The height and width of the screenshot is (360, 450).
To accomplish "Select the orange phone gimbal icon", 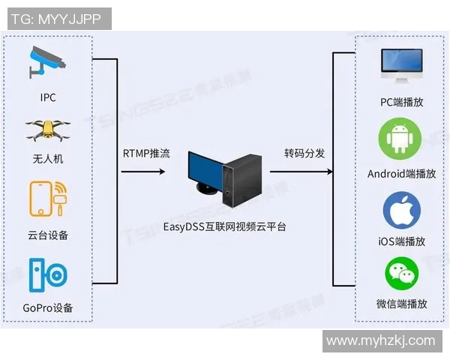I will [x=48, y=200].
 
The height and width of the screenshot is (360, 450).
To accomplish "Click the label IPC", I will [x=48, y=97].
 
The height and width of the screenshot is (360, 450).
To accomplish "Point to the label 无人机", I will [x=48, y=158].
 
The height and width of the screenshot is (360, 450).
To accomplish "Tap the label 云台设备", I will [x=48, y=235].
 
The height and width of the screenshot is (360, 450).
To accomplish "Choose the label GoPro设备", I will [x=48, y=308].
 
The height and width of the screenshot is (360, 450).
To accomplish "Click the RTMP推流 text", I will [x=146, y=154].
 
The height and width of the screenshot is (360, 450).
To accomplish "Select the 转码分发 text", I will [x=304, y=154].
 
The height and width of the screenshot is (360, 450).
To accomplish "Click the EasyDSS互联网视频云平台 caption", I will [x=225, y=225].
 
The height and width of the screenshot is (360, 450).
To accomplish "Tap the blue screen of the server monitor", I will [x=205, y=171].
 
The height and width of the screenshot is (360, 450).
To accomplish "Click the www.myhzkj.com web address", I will [x=381, y=340].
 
